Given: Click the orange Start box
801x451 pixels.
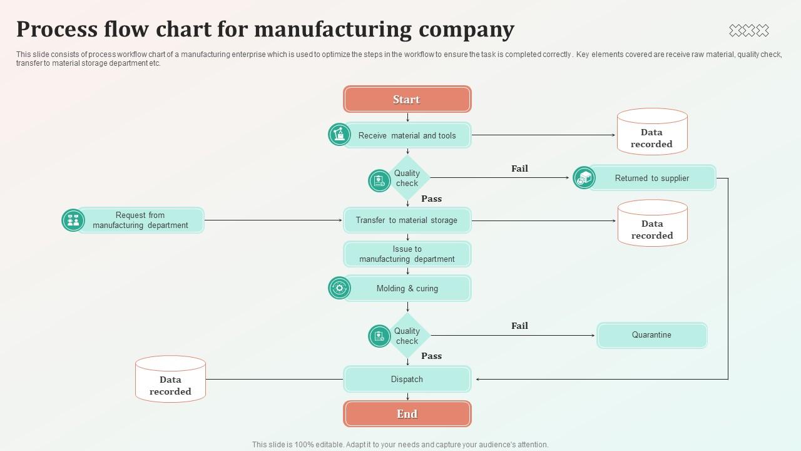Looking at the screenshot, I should tap(407, 100).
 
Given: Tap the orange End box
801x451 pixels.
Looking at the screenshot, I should tap(407, 414).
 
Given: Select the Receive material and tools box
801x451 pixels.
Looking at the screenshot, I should tap(407, 135).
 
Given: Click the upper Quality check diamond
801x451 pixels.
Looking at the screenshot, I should tap(407, 179).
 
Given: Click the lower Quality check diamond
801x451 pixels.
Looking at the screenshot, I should tap(407, 336).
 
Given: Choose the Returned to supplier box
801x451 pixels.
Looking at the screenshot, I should tap(651, 178).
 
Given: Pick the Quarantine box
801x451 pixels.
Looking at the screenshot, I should tap(651, 335).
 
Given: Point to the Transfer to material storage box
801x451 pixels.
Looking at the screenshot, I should tap(407, 220).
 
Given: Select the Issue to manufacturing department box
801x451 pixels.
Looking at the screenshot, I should tap(407, 254).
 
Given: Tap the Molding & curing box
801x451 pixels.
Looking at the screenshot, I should tap(407, 289).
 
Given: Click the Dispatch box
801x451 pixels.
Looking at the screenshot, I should tap(407, 380).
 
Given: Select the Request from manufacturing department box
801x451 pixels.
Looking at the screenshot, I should tap(140, 220).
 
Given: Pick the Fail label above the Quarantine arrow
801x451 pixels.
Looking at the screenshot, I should tap(519, 326).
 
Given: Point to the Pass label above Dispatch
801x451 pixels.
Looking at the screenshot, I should tap(431, 356).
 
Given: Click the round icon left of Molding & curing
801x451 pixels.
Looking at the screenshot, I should tap(339, 288).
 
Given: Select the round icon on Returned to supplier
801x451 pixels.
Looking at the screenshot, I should tap(584, 178).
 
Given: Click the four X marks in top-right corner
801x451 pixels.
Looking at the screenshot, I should tap(748, 30).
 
